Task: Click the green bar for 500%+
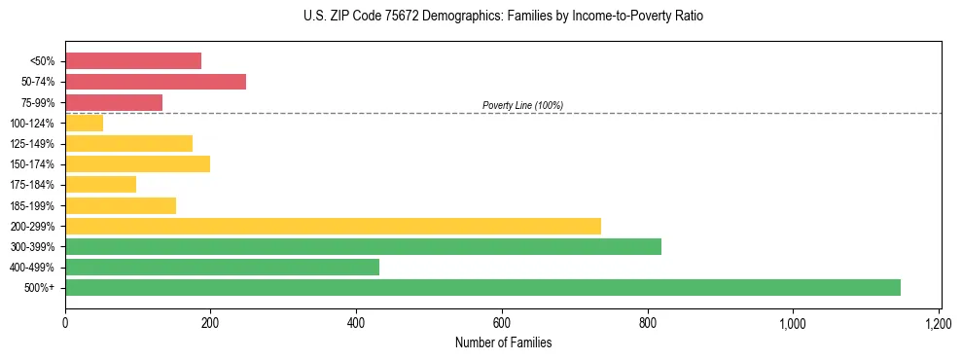coord(482,287)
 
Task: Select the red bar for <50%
coord(133,60)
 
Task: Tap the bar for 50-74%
coord(156,82)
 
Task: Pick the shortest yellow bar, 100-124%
coord(84,123)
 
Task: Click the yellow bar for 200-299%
coord(333,226)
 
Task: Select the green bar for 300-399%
coord(363,246)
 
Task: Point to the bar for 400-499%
coord(222,267)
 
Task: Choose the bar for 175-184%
coord(100,184)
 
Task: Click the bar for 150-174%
coord(137,163)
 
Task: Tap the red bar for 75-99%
coord(114,102)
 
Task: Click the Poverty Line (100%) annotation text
coord(522,105)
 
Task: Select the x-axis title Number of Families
coord(503,342)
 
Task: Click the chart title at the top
coord(503,17)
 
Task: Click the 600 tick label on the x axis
coord(502,322)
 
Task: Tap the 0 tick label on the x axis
coord(65,322)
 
